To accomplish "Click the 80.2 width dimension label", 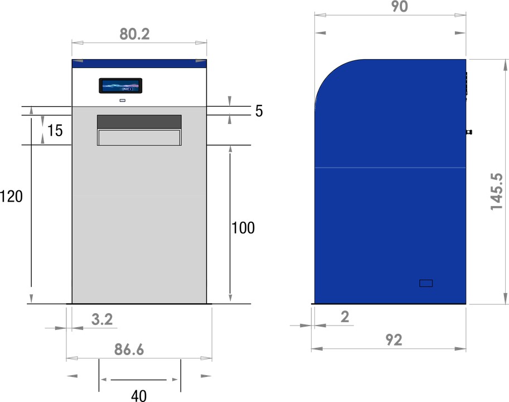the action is (134, 34).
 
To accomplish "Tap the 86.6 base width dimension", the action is (129, 350).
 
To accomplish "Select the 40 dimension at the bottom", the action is (139, 396).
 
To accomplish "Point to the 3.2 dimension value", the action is (102, 319).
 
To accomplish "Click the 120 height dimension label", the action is (11, 197).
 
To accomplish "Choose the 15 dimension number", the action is (55, 131).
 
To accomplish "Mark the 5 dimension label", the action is (259, 111).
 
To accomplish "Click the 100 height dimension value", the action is (243, 228).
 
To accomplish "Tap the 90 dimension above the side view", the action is (399, 7).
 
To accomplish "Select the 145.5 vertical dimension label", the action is (497, 192).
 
